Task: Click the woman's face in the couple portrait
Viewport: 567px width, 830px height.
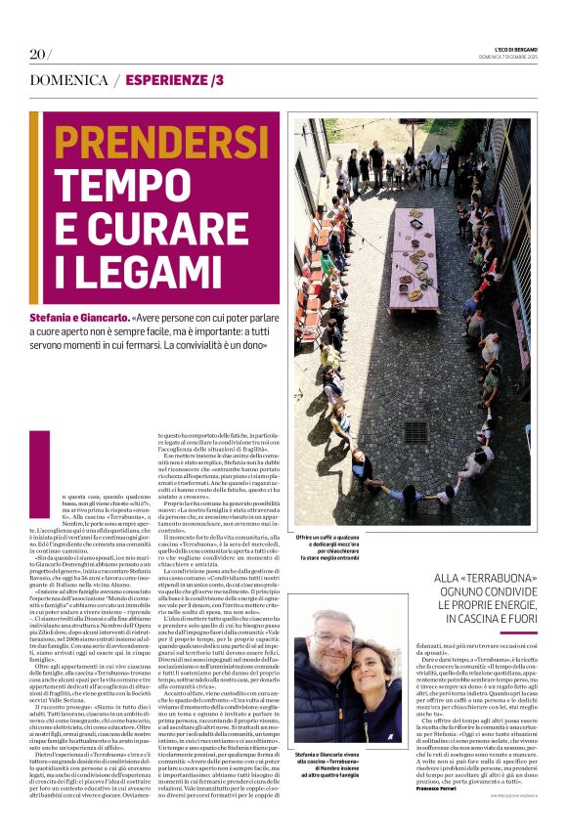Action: tap(370, 672)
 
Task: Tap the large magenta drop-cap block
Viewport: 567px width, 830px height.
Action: tap(40, 464)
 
